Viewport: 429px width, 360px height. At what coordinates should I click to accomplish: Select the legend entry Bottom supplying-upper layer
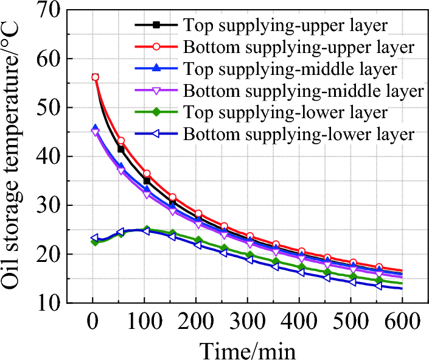click(299, 47)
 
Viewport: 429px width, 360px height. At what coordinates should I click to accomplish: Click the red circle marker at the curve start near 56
click(95, 77)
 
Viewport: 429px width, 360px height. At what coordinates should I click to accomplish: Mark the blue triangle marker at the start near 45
click(95, 128)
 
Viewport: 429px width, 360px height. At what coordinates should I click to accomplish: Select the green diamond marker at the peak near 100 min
click(146, 230)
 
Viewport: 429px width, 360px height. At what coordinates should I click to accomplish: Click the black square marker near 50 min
click(120, 149)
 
